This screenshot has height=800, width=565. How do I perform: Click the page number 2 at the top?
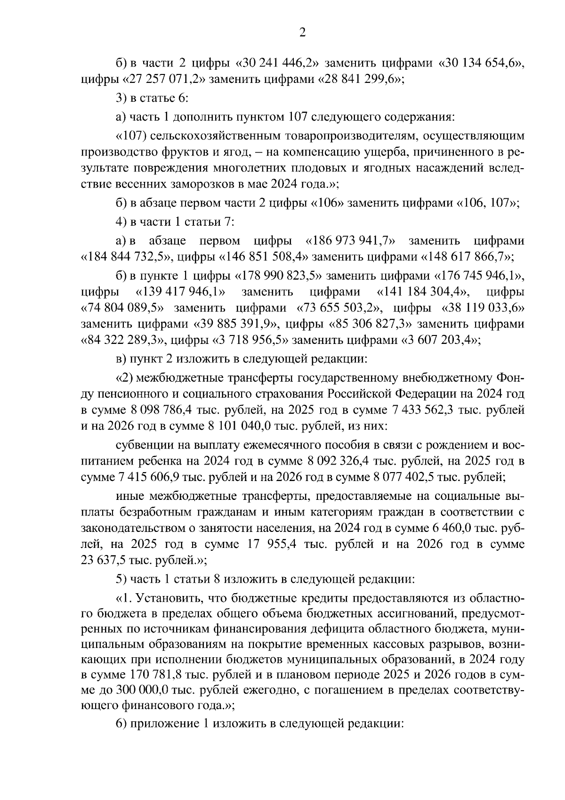click(302, 33)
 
